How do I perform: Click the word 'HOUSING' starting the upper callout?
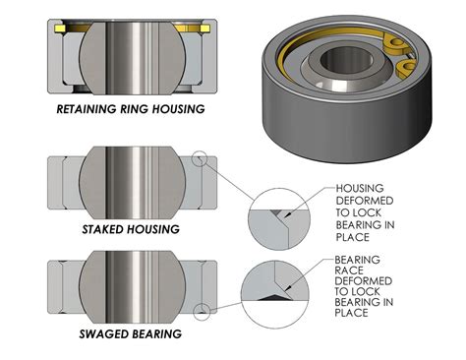tap(361, 188)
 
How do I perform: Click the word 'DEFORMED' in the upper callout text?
tap(365, 200)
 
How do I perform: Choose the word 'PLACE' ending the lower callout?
tap(352, 314)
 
